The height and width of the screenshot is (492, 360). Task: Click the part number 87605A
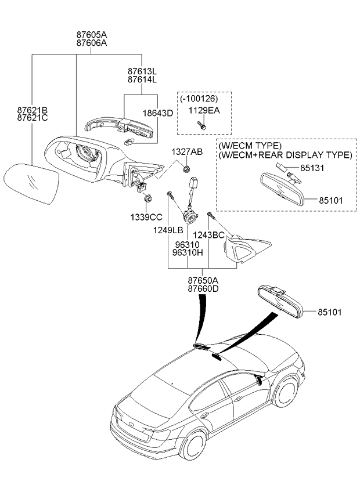point(91,34)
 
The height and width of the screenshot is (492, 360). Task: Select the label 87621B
point(32,110)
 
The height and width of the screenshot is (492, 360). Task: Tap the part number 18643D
point(158,113)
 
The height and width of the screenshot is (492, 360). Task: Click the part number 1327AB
point(186,152)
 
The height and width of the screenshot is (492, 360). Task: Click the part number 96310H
point(187,253)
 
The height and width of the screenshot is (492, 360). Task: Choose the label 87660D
point(203,288)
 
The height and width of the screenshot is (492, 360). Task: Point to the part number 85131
point(312,168)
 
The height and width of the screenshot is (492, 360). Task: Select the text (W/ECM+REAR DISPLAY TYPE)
point(285,155)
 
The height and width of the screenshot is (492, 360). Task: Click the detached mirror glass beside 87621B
point(32,183)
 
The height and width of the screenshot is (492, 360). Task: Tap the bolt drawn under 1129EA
point(201,124)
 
